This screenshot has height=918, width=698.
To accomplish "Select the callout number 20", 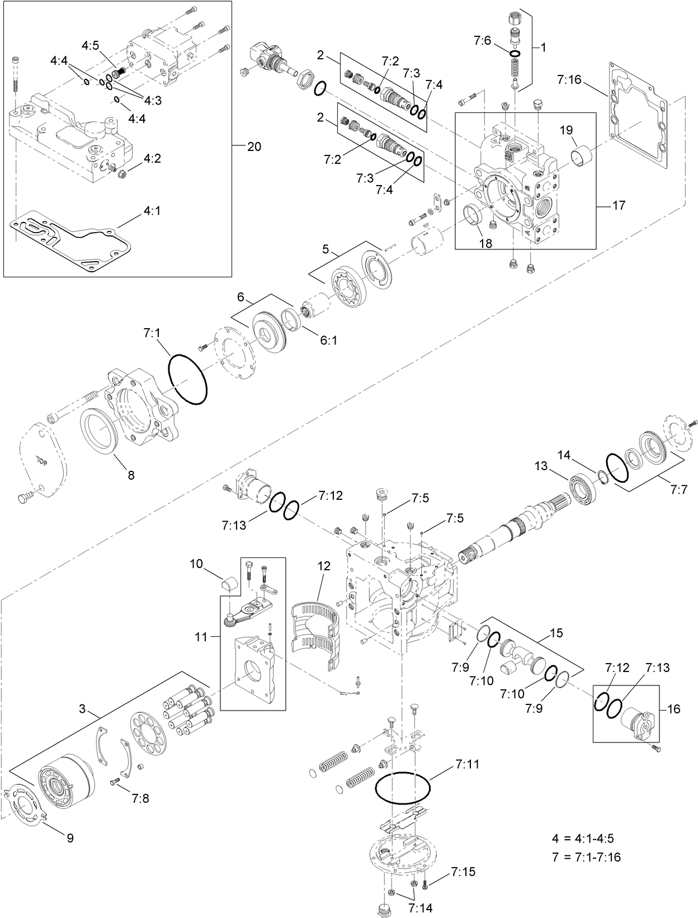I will [x=254, y=147].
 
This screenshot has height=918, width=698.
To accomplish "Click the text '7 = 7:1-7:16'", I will [x=586, y=857].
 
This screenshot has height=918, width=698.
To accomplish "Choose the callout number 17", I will [x=619, y=206].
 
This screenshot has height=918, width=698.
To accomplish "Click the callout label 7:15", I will [x=463, y=872].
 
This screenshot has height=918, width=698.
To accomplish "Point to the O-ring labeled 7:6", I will [x=515, y=54].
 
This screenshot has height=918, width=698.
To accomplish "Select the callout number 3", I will [x=82, y=709].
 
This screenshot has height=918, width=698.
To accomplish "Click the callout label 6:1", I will [x=328, y=339].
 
